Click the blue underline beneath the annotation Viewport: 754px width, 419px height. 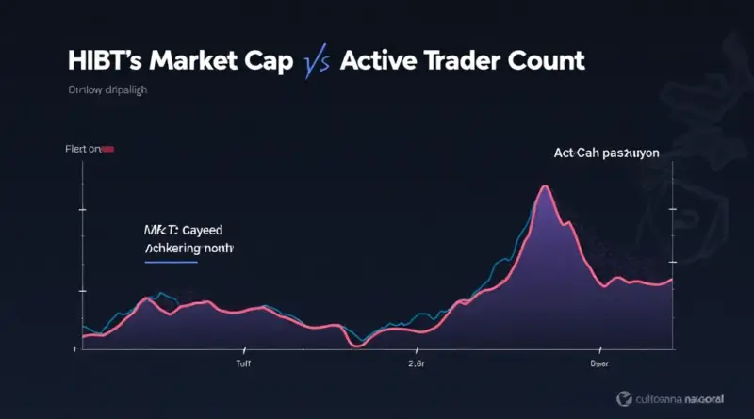171,263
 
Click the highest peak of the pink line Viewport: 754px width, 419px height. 544,186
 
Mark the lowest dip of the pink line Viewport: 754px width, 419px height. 356,345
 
